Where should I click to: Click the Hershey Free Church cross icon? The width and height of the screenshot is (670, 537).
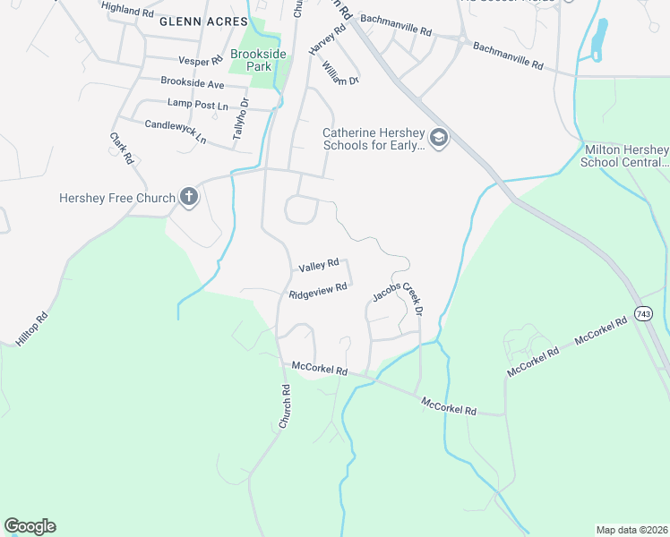188,197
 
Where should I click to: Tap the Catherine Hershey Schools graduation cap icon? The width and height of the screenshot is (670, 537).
438,138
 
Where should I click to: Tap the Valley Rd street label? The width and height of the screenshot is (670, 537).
319,265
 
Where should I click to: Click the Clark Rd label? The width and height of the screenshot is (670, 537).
122,149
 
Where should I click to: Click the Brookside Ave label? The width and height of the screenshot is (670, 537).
193,82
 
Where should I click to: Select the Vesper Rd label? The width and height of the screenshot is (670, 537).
200,61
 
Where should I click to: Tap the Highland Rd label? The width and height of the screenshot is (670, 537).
128,9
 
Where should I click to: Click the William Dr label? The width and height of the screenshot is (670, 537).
340,69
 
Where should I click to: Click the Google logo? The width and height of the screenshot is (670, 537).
30,526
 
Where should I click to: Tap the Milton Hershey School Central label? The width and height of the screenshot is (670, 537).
625,156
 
